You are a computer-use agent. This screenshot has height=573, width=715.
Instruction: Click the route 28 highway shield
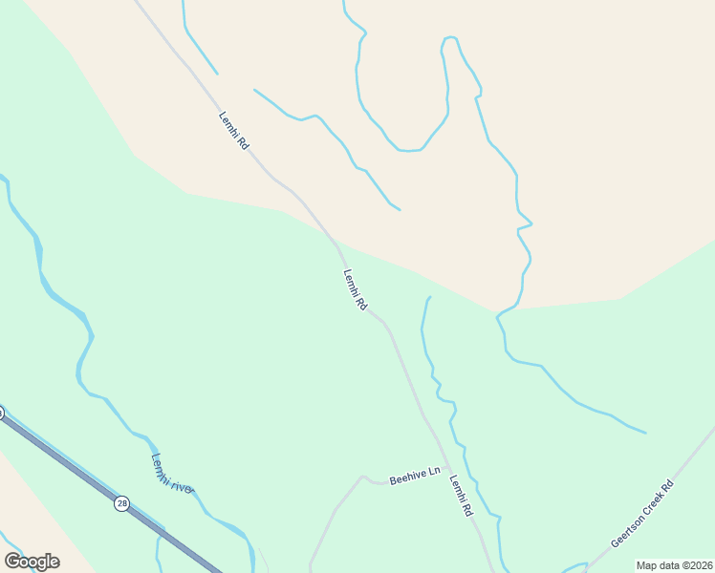(122, 503)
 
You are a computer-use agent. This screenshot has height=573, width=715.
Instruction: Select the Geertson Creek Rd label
(642, 515)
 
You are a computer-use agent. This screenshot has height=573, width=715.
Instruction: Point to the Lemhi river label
(172, 473)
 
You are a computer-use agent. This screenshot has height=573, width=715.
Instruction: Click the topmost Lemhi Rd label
(233, 131)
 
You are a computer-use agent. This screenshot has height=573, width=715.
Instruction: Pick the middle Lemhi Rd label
(355, 290)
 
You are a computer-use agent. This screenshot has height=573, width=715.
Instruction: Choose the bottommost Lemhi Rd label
(461, 496)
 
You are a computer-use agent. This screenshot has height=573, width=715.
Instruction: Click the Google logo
(32, 562)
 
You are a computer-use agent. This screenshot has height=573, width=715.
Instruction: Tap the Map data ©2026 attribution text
(674, 565)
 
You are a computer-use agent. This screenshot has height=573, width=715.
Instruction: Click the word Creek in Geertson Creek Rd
(644, 514)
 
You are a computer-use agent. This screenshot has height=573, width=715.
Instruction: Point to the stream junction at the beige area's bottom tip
(498, 312)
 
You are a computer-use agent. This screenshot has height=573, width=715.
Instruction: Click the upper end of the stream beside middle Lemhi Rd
(429, 298)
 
